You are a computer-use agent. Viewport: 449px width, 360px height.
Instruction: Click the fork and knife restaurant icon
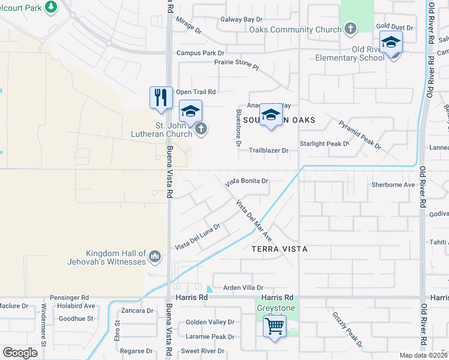(x=160, y=98)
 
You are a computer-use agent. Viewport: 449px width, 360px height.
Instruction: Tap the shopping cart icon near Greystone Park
(x=275, y=327)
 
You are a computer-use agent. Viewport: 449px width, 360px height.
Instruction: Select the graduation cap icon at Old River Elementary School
(x=391, y=43)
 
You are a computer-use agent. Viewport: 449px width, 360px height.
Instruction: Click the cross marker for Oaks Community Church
(x=351, y=28)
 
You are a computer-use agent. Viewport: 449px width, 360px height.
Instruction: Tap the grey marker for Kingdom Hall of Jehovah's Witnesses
(x=155, y=257)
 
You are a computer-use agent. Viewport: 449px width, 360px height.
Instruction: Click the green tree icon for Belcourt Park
(x=52, y=7)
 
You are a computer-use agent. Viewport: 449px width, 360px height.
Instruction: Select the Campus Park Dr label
(x=200, y=53)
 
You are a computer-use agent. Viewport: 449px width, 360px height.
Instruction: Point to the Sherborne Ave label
(x=393, y=185)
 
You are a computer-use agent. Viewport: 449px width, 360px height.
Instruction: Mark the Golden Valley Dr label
(x=209, y=322)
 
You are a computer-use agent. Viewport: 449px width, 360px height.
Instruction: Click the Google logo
(x=20, y=352)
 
